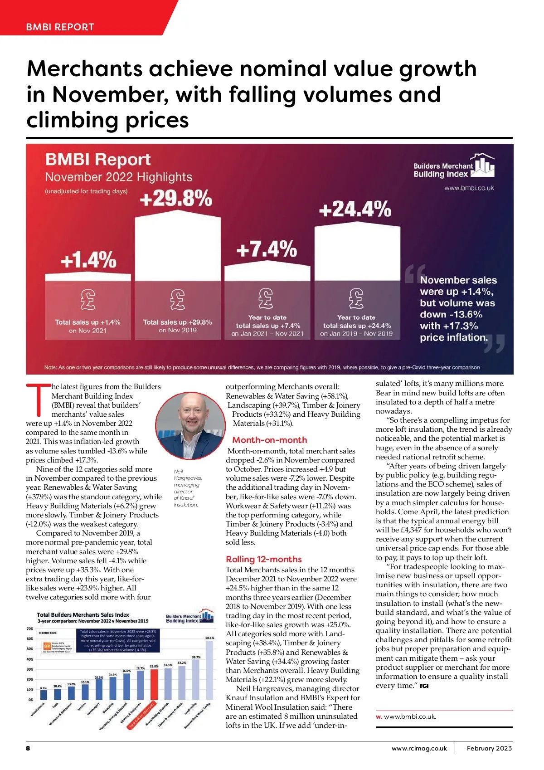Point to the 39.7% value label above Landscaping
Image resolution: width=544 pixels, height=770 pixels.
coord(196,657)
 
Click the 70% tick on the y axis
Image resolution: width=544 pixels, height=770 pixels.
coord(30,629)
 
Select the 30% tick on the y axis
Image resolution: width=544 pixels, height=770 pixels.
coord(30,669)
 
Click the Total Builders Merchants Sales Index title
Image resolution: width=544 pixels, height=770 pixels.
coord(83,615)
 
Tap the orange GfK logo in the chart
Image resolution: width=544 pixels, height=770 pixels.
coord(47,645)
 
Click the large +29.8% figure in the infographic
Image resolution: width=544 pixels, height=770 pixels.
coord(176,199)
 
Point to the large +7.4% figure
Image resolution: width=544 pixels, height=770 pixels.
coord(267,249)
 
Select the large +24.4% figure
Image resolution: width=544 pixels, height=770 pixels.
coord(355,210)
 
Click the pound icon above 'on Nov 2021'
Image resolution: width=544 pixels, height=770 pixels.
coord(87,299)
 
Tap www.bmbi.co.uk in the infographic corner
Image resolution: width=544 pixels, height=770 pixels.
coord(469,188)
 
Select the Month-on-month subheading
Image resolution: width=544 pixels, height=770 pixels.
coord(270,440)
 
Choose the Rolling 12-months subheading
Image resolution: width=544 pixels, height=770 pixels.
coord(264,559)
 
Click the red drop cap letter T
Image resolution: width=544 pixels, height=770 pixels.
coord(38,399)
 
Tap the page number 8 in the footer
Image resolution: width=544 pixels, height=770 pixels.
coord(28,748)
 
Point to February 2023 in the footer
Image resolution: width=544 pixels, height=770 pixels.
coord(489,748)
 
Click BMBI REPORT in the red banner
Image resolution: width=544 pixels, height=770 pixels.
coord(60,27)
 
